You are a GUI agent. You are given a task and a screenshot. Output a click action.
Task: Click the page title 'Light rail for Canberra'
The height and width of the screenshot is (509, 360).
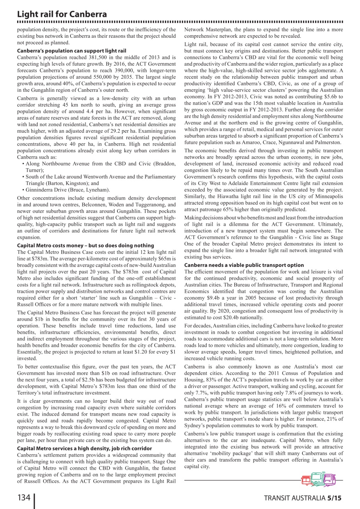click(x=62, y=14)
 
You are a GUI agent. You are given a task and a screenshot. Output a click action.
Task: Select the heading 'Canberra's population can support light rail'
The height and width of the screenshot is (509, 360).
click(x=72, y=51)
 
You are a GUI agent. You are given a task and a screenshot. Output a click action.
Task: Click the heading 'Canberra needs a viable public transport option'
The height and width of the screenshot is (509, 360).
click(x=244, y=265)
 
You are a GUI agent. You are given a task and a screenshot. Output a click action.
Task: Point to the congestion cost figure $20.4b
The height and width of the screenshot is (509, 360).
click(x=249, y=317)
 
